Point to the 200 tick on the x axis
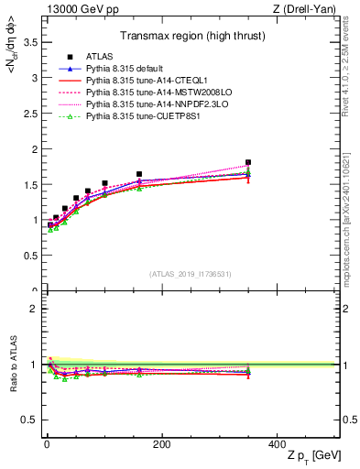[162, 443]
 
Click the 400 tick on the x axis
[277, 443]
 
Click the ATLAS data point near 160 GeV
[139, 174]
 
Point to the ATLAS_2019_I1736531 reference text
[189, 273]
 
